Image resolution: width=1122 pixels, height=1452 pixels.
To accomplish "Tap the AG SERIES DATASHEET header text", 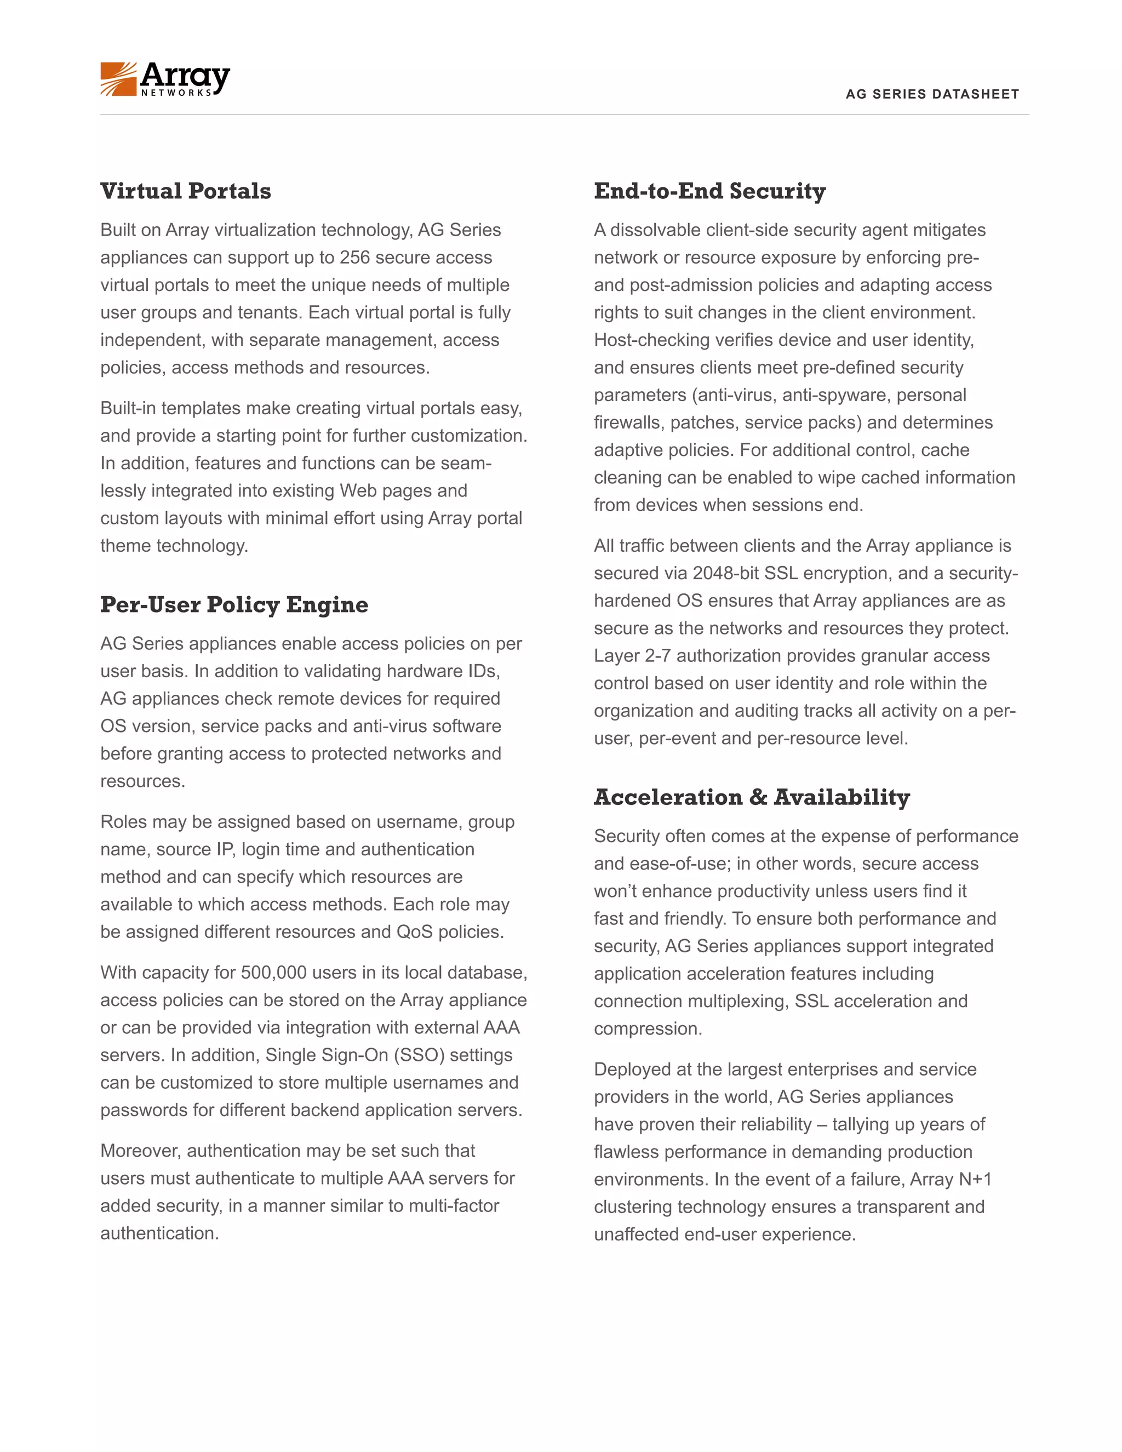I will tap(932, 94).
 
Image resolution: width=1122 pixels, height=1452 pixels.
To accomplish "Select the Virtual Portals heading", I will tap(186, 191).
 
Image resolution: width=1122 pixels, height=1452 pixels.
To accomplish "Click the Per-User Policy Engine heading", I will tap(234, 605).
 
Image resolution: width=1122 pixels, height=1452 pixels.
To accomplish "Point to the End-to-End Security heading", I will tap(709, 191).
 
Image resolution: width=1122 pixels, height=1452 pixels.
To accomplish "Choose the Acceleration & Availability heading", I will tap(751, 797).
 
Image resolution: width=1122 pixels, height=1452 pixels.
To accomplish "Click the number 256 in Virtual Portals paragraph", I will tap(354, 258).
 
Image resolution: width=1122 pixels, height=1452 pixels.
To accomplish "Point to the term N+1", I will tap(975, 1180).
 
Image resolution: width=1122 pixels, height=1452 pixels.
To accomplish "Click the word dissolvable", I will tap(655, 230).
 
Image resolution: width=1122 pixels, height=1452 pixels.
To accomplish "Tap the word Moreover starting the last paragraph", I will tap(140, 1151).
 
